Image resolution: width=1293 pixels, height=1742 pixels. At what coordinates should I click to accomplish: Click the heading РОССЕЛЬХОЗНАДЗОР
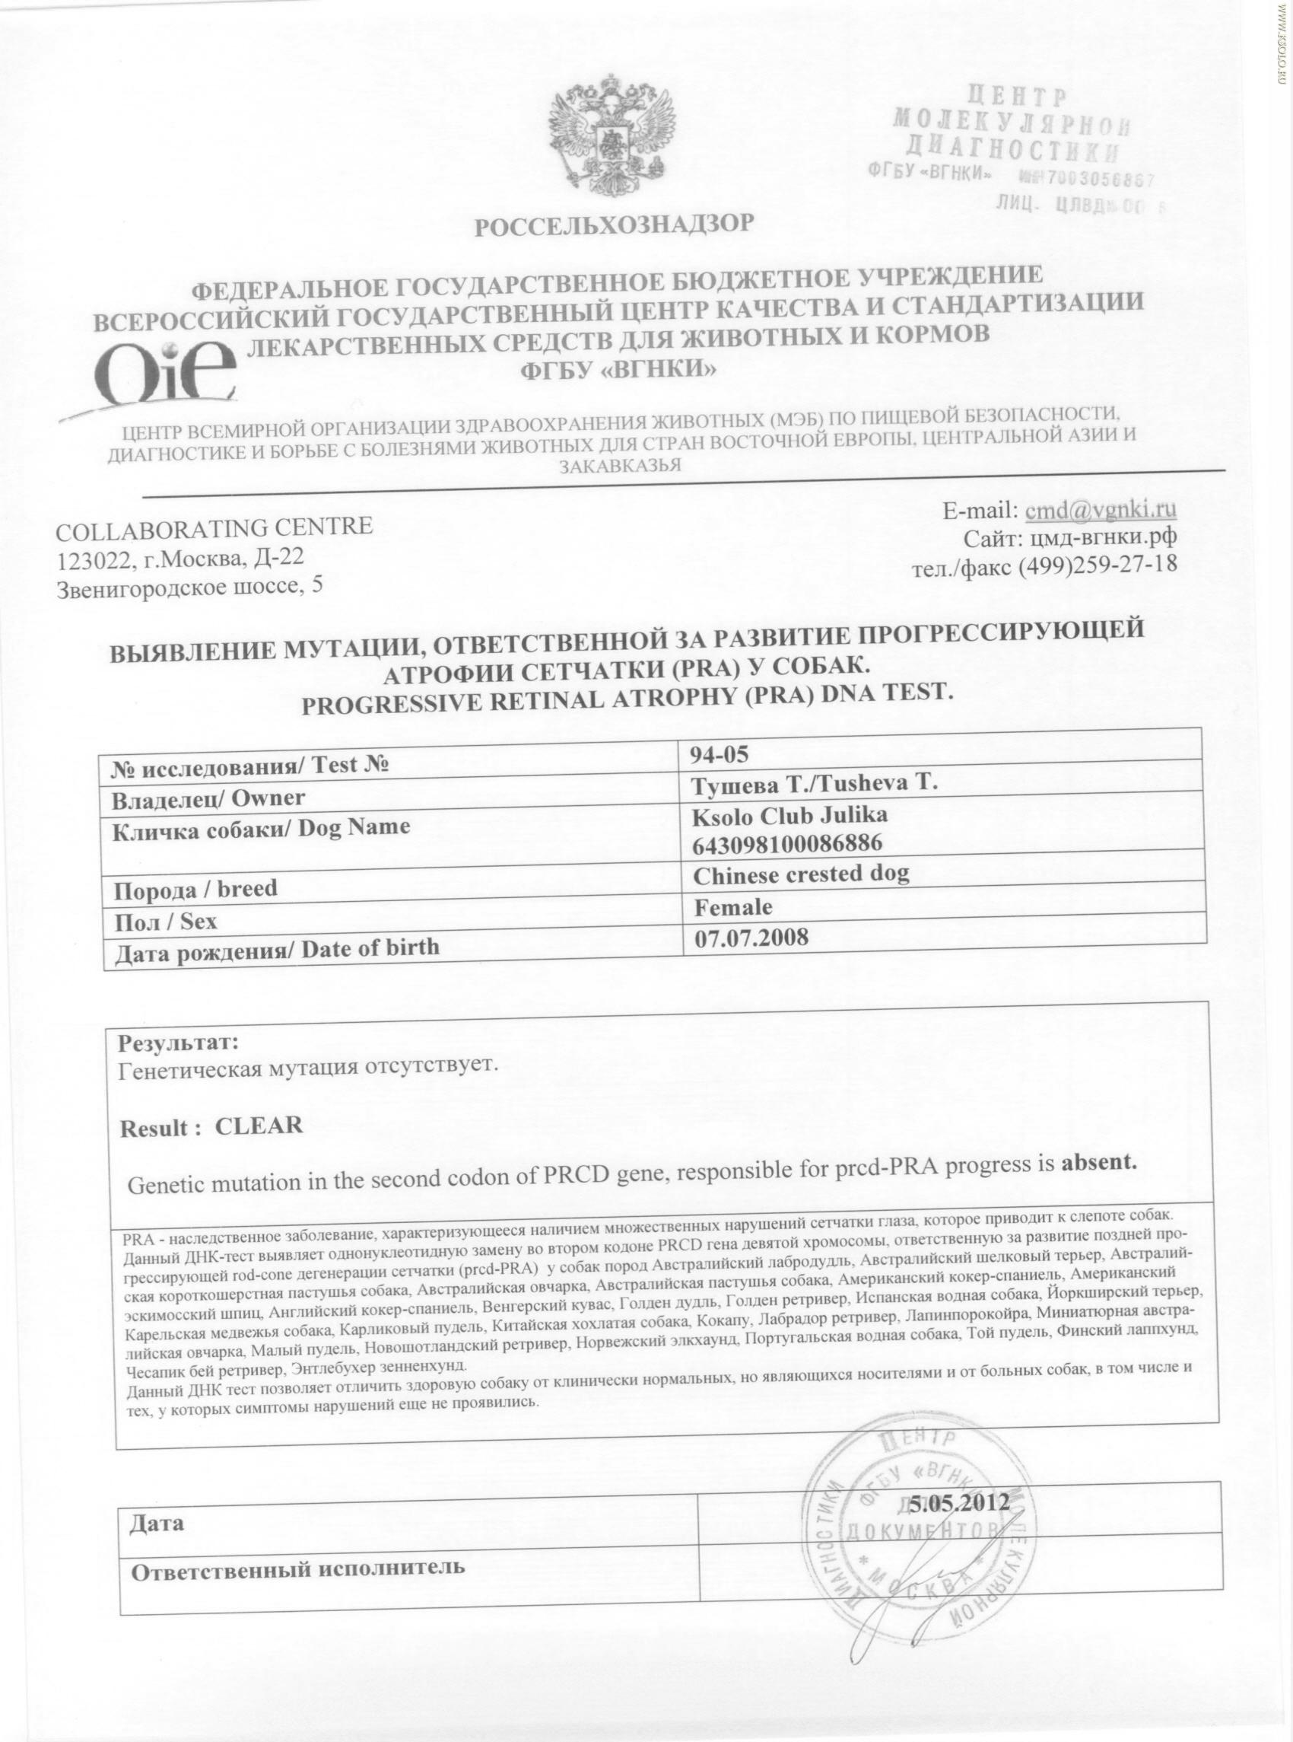click(x=615, y=225)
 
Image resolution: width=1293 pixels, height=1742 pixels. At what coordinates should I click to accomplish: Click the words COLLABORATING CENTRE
click(x=214, y=529)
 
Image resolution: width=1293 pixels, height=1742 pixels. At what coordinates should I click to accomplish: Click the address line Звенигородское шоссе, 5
click(x=189, y=589)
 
